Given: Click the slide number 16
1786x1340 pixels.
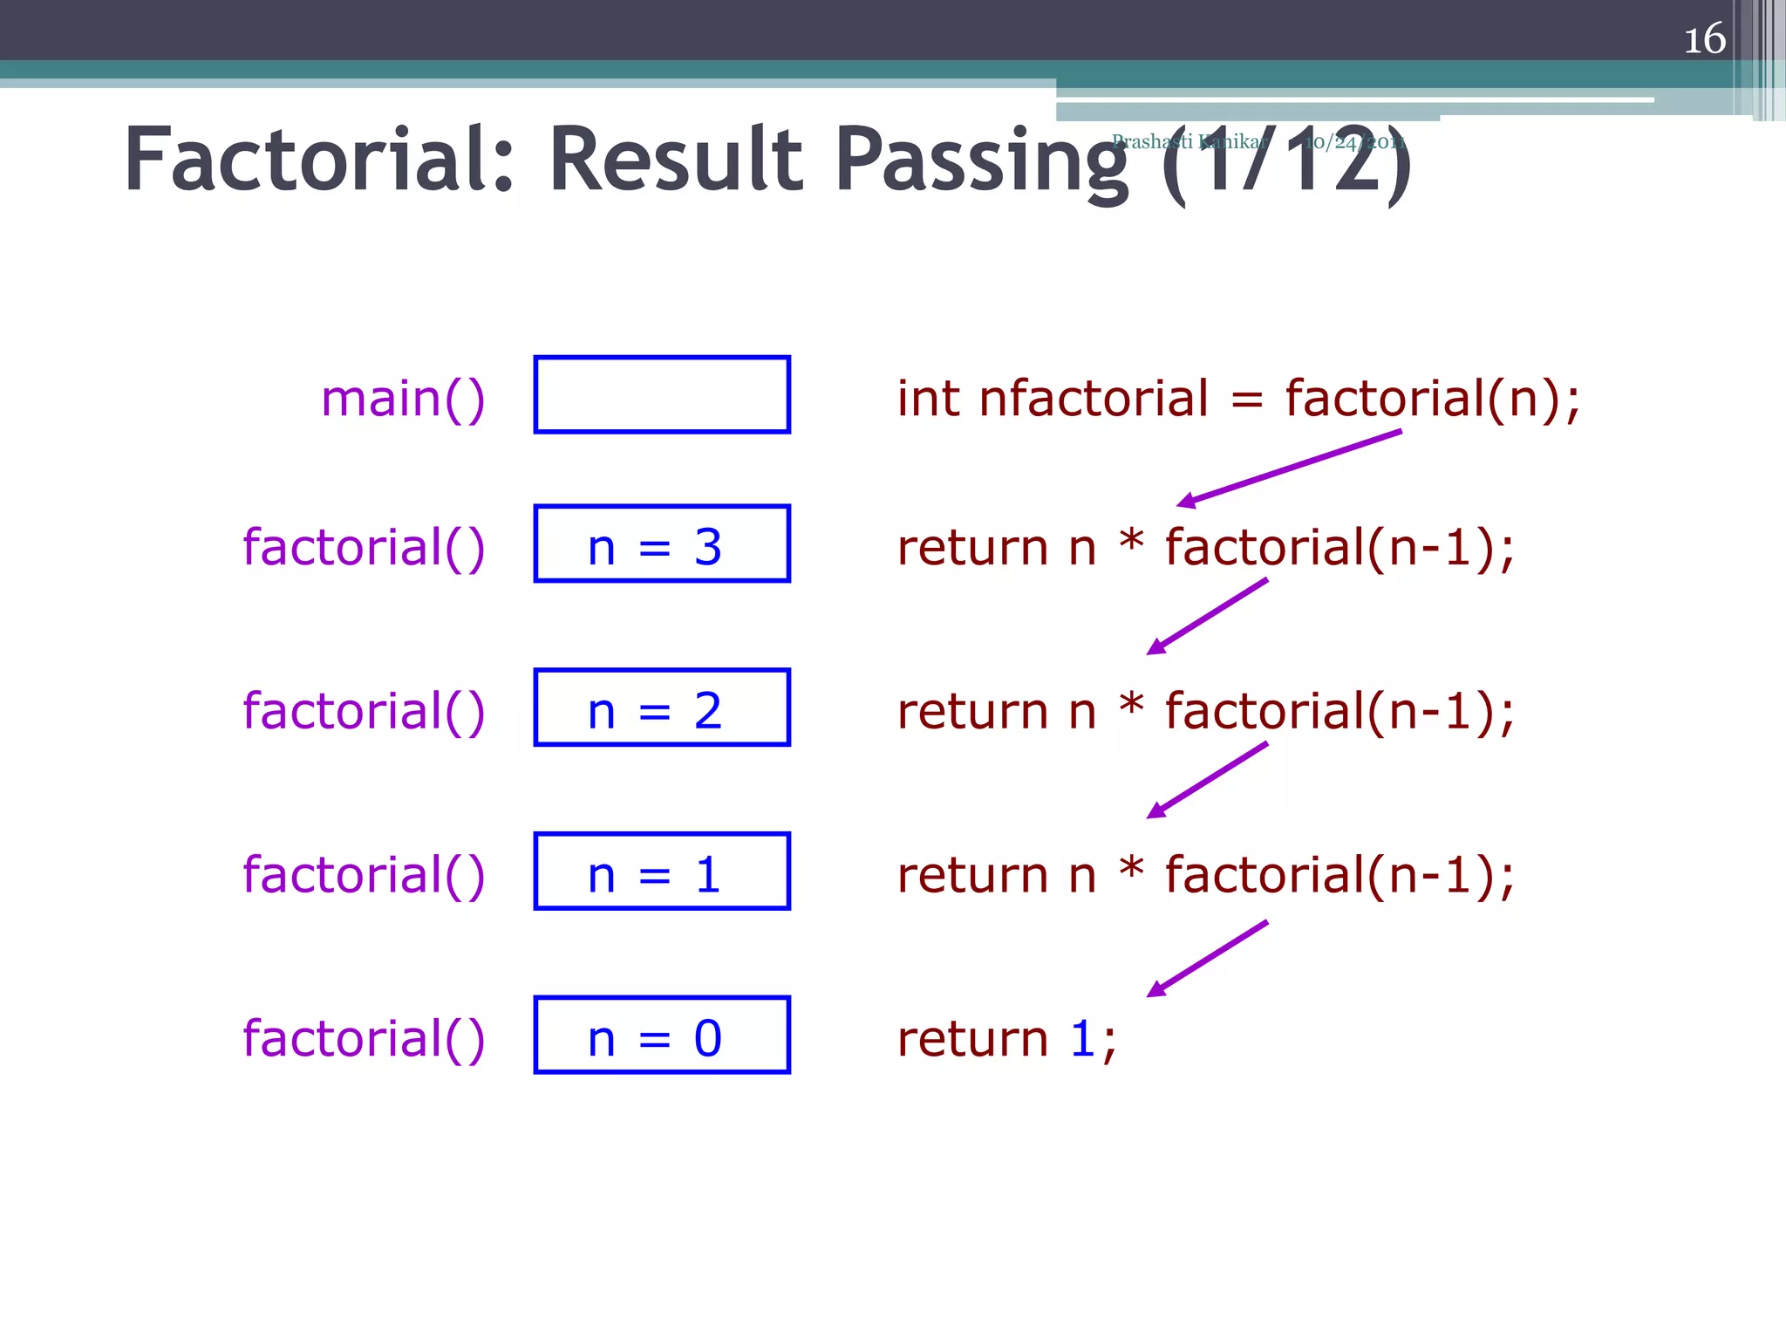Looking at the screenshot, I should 1704,39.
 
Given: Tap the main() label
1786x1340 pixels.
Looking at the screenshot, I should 403,399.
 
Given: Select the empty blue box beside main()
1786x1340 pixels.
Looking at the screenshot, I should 662,394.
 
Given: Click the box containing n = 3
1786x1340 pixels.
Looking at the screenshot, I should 662,544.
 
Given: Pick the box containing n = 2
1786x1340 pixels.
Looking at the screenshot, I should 662,708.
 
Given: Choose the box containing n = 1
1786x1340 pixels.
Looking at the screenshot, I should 662,872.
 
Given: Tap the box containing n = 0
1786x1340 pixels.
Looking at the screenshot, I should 662,1036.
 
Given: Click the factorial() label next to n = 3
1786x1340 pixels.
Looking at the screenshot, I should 364,548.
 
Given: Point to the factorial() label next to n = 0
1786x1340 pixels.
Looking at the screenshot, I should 364,1039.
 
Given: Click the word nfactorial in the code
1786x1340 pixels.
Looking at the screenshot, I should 1094,399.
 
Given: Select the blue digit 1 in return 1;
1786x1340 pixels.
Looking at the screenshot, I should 1082,1039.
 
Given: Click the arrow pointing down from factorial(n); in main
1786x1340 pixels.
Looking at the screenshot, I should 1289,468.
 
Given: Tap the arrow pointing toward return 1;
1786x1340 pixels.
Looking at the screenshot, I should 1207,959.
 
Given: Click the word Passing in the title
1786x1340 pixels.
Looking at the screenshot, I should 982,162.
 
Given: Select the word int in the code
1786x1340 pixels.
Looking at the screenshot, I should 928,399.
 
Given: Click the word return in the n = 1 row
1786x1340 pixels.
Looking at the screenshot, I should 972,875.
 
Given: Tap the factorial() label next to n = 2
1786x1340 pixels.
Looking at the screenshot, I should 364,711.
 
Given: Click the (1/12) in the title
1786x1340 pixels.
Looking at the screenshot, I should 1286,162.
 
